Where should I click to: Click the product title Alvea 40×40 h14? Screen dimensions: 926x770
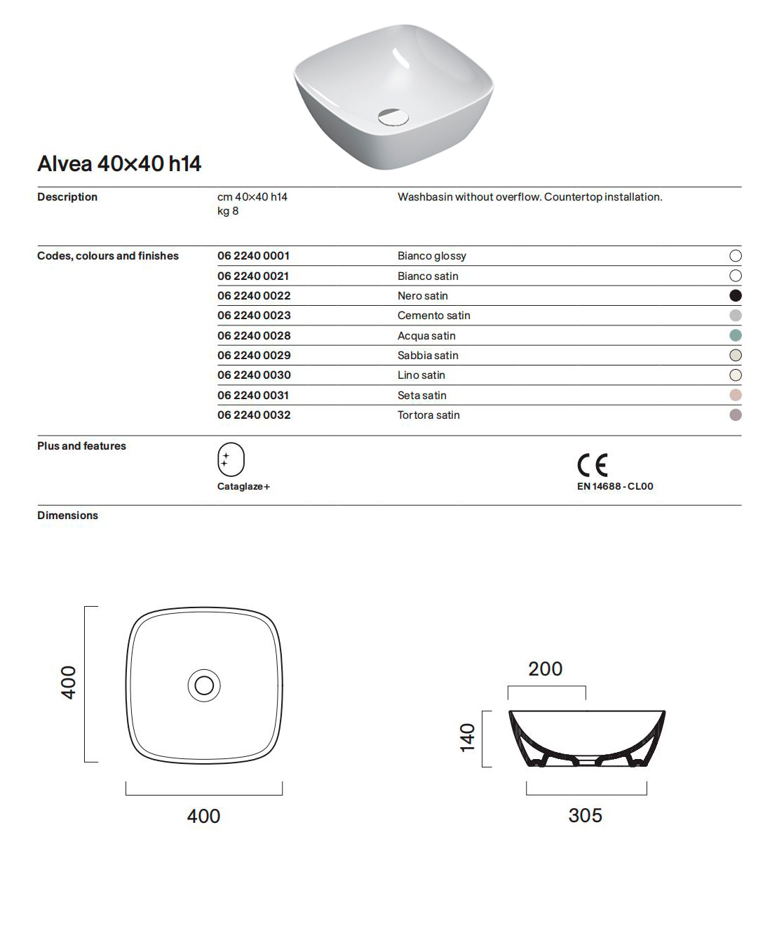coord(119,163)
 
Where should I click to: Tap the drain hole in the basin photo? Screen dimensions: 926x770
coord(393,116)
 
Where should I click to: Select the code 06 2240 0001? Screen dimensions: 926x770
coord(253,256)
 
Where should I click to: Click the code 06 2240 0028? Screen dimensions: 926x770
coord(254,335)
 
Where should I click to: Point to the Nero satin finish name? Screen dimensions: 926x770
coord(422,296)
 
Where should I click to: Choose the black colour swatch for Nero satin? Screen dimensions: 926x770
coord(735,295)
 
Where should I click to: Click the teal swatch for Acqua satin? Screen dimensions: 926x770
coord(735,335)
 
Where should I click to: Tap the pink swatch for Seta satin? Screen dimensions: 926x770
coord(735,395)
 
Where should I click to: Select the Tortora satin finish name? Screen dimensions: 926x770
coord(428,415)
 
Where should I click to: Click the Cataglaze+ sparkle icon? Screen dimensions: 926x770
coord(231,459)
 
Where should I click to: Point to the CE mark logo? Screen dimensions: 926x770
coord(593,464)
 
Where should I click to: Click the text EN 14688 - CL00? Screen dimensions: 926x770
coord(615,486)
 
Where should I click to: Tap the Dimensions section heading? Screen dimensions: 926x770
coord(67,516)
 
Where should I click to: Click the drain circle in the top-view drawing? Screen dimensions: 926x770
coord(204,685)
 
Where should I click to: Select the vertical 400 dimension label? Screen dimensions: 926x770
coord(68,683)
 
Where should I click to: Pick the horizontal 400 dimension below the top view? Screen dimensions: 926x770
coord(203,816)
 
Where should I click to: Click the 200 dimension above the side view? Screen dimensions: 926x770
coord(545,669)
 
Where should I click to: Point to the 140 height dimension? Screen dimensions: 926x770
coord(467,737)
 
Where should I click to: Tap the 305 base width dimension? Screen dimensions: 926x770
coord(585,815)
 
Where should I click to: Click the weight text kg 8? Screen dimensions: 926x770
coord(228,211)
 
